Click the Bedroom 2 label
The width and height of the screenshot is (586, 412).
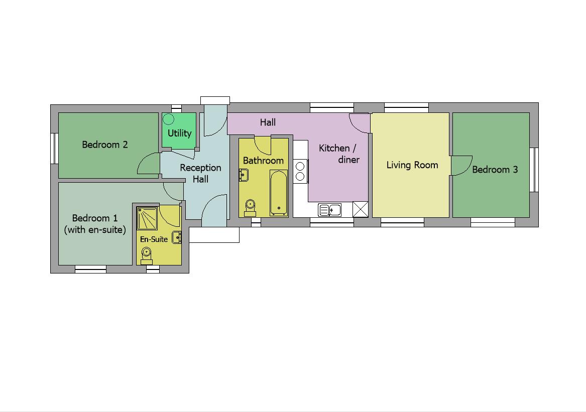click(x=105, y=145)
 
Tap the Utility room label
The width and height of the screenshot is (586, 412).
click(x=179, y=133)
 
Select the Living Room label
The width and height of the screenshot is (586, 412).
click(x=412, y=165)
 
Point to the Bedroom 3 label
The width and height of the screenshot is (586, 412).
click(x=495, y=170)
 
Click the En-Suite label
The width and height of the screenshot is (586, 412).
click(x=154, y=239)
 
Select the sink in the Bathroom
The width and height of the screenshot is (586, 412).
click(x=244, y=175)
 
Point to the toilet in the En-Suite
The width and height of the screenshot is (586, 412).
click(x=146, y=255)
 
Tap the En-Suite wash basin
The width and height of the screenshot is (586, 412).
click(x=176, y=237)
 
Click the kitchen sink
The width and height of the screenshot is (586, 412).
click(x=329, y=210)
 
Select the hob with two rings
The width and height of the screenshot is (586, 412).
click(x=300, y=171)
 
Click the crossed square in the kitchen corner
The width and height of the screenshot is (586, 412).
click(x=360, y=209)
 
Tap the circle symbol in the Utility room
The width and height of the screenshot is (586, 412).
click(x=169, y=119)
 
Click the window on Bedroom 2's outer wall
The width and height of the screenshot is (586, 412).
click(x=54, y=148)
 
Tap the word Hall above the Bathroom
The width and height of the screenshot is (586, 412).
click(x=268, y=122)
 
